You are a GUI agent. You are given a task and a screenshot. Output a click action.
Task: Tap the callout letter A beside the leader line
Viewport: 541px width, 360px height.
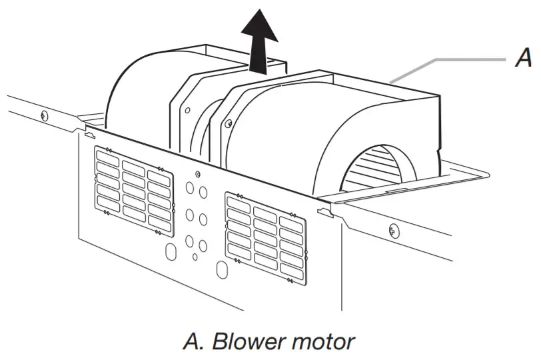(524, 60)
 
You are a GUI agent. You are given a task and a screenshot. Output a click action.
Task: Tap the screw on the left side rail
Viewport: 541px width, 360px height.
(44, 115)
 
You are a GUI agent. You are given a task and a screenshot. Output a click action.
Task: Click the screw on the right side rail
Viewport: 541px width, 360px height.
(393, 231)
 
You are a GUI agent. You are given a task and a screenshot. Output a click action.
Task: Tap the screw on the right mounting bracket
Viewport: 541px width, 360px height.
(229, 122)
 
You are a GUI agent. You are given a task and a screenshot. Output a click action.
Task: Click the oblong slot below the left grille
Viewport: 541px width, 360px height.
(169, 252)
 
